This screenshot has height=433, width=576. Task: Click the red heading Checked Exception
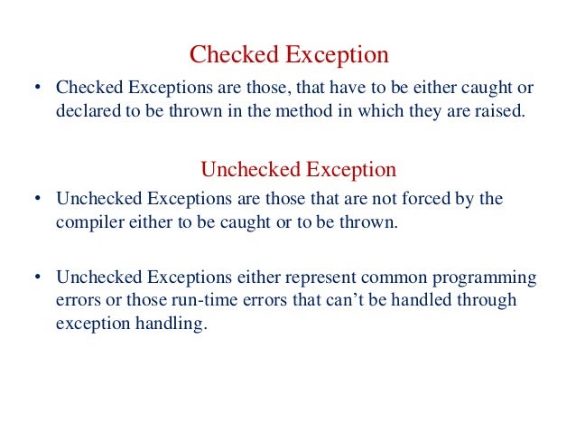coord(289,55)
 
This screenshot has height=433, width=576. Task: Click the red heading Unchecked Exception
coord(298,169)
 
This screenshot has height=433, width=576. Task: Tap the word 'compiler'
coord(88,222)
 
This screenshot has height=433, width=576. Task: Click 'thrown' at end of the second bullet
coord(372,222)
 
